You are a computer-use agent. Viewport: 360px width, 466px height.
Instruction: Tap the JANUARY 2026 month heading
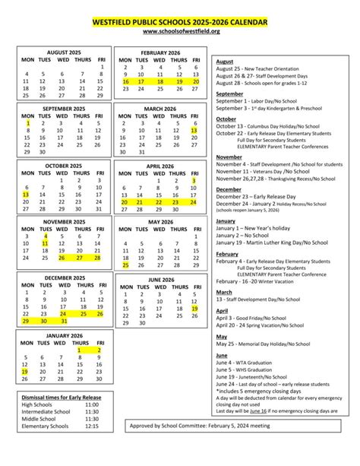(64, 335)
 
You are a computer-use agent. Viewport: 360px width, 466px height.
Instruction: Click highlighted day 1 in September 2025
(27, 122)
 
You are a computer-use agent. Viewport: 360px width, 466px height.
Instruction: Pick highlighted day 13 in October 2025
(27, 195)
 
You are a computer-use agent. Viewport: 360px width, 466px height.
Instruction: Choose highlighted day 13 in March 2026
(194, 131)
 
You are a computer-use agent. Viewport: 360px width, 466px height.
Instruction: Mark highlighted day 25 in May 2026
(124, 266)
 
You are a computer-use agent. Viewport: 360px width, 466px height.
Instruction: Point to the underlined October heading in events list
(226, 119)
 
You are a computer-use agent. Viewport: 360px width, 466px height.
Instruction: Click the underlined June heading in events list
(222, 355)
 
